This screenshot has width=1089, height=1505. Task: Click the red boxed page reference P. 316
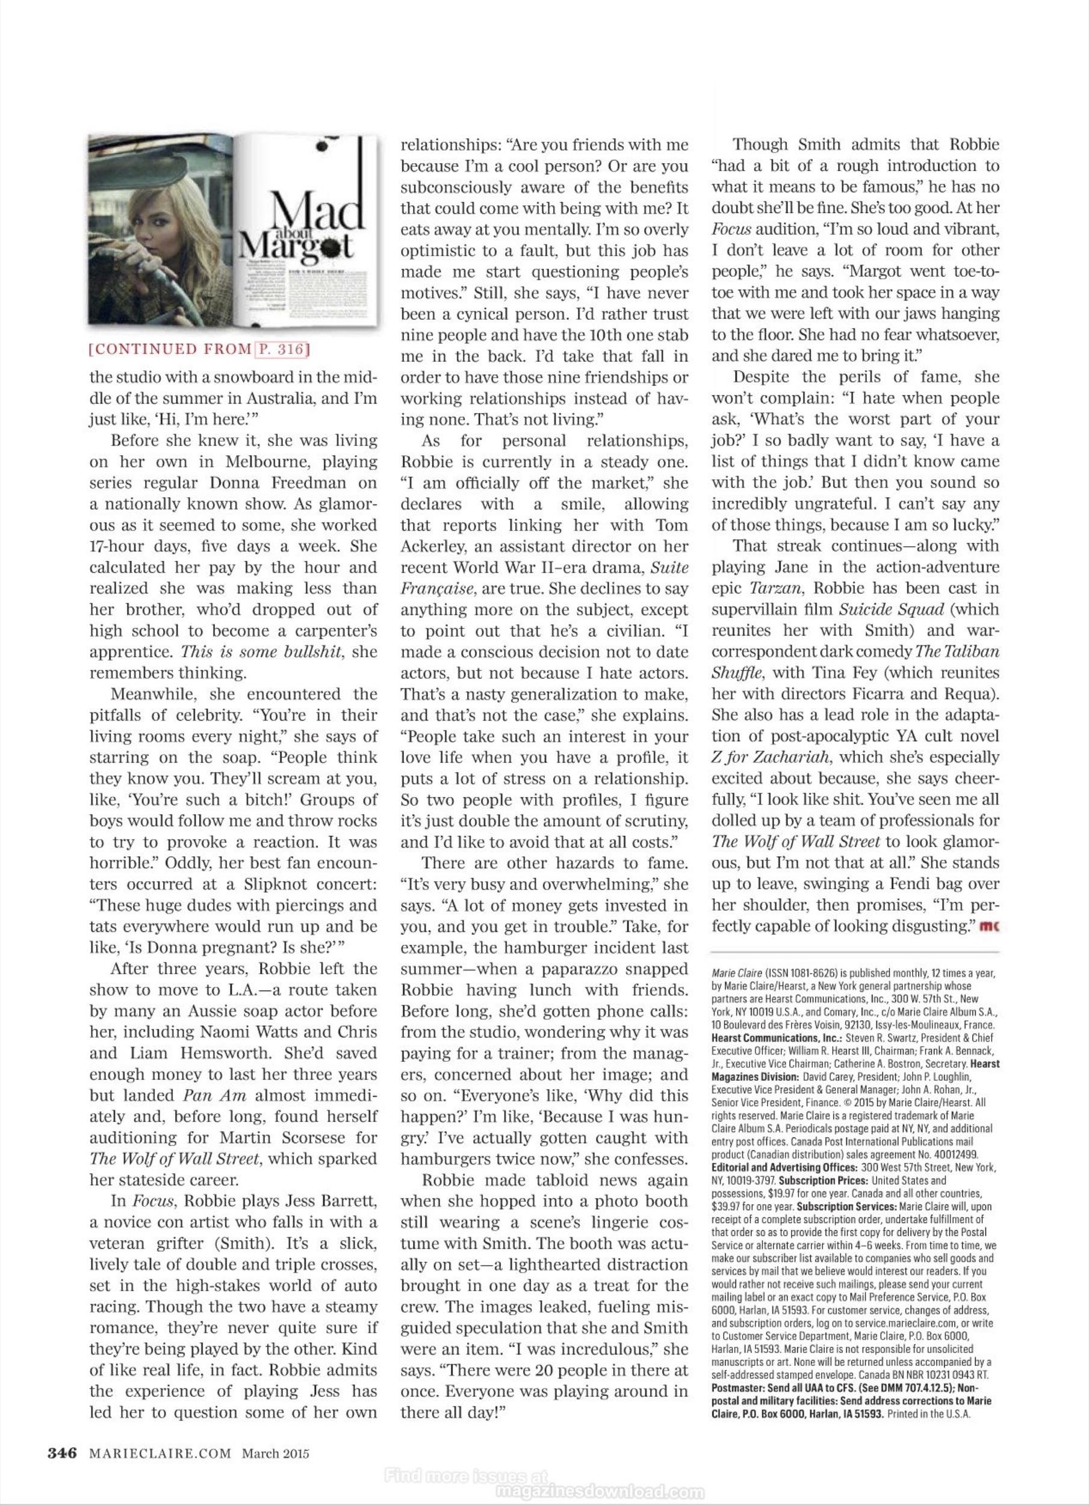282,349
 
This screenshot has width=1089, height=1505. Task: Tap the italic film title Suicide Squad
883,609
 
